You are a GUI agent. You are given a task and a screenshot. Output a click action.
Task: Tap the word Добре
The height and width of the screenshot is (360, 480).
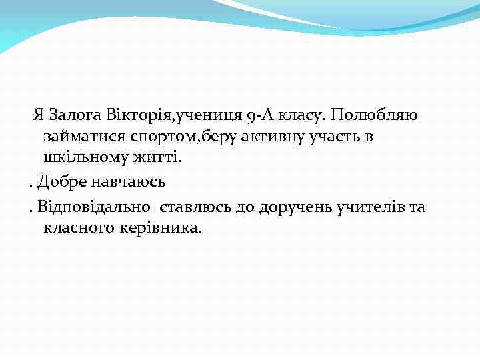[x=61, y=181]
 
